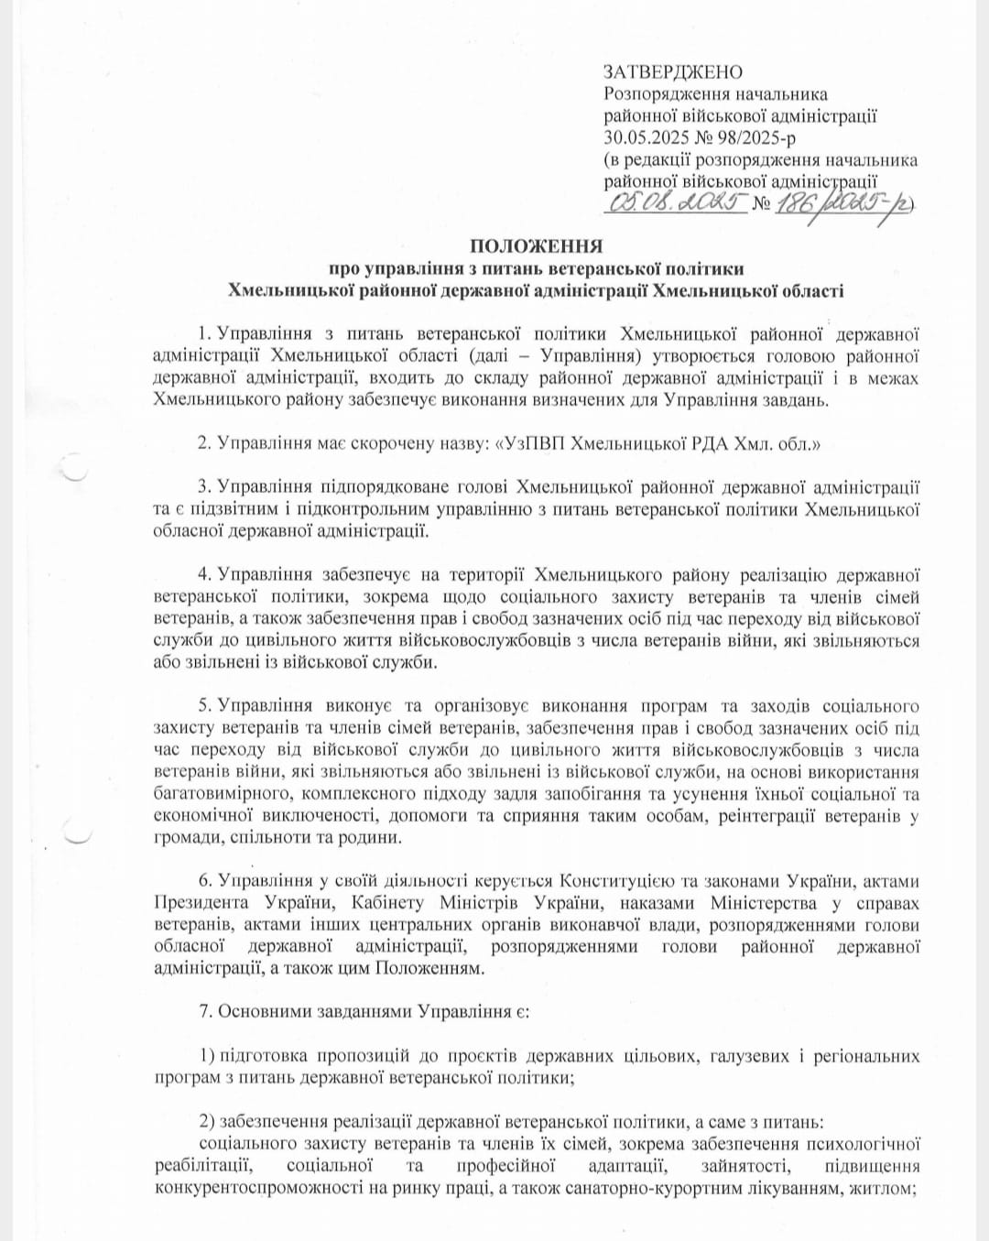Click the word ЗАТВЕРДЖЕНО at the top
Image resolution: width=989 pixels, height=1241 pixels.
click(x=673, y=72)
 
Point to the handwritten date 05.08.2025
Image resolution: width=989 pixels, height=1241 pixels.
click(x=672, y=202)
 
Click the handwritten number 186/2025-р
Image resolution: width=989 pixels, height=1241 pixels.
click(x=842, y=204)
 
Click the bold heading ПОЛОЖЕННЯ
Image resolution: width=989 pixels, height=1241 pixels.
click(x=536, y=246)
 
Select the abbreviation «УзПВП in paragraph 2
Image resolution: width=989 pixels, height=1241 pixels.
click(x=530, y=444)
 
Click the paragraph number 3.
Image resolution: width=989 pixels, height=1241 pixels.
click(x=203, y=488)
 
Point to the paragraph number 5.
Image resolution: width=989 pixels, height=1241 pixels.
click(x=203, y=706)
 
